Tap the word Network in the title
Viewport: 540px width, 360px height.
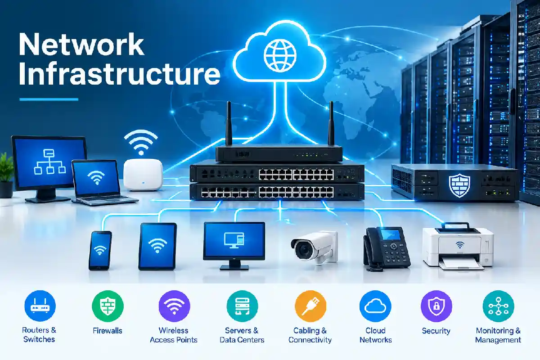[x=81, y=45]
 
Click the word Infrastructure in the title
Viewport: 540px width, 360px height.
[x=120, y=73]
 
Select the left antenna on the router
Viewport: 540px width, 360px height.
[x=229, y=123]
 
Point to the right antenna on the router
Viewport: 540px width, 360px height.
[x=331, y=123]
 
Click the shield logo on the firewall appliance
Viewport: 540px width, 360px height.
[x=459, y=186]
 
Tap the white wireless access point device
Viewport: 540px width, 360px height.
[x=143, y=175]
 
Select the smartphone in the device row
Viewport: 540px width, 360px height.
[x=100, y=251]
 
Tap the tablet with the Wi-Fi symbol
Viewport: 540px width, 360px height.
[x=157, y=246]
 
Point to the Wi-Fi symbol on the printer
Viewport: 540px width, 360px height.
[x=460, y=245]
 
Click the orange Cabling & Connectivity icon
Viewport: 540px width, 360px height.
[x=310, y=306]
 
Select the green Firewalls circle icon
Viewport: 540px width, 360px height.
[x=108, y=306]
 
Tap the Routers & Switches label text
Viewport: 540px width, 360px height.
[x=39, y=335]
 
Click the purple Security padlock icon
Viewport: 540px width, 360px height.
[x=436, y=306]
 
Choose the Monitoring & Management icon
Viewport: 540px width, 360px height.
[x=498, y=306]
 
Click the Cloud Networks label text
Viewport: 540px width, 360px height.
[x=376, y=335]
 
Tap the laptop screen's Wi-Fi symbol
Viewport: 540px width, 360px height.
[x=96, y=177]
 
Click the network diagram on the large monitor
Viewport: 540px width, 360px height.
[x=49, y=162]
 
